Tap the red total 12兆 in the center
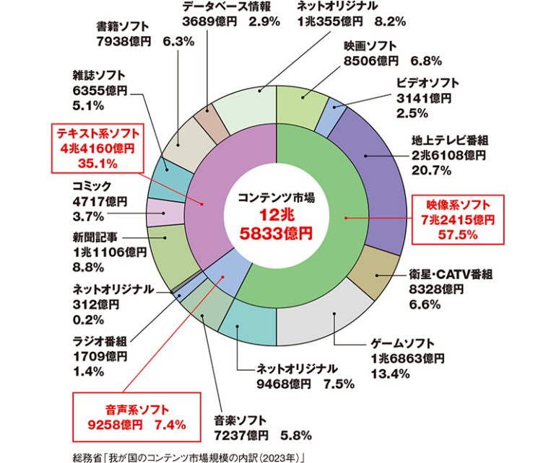[277, 215]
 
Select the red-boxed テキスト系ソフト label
[98, 149]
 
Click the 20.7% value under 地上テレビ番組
[432, 170]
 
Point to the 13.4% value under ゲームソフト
[391, 373]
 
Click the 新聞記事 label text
[96, 237]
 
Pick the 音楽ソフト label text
[240, 420]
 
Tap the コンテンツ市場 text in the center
[277, 196]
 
